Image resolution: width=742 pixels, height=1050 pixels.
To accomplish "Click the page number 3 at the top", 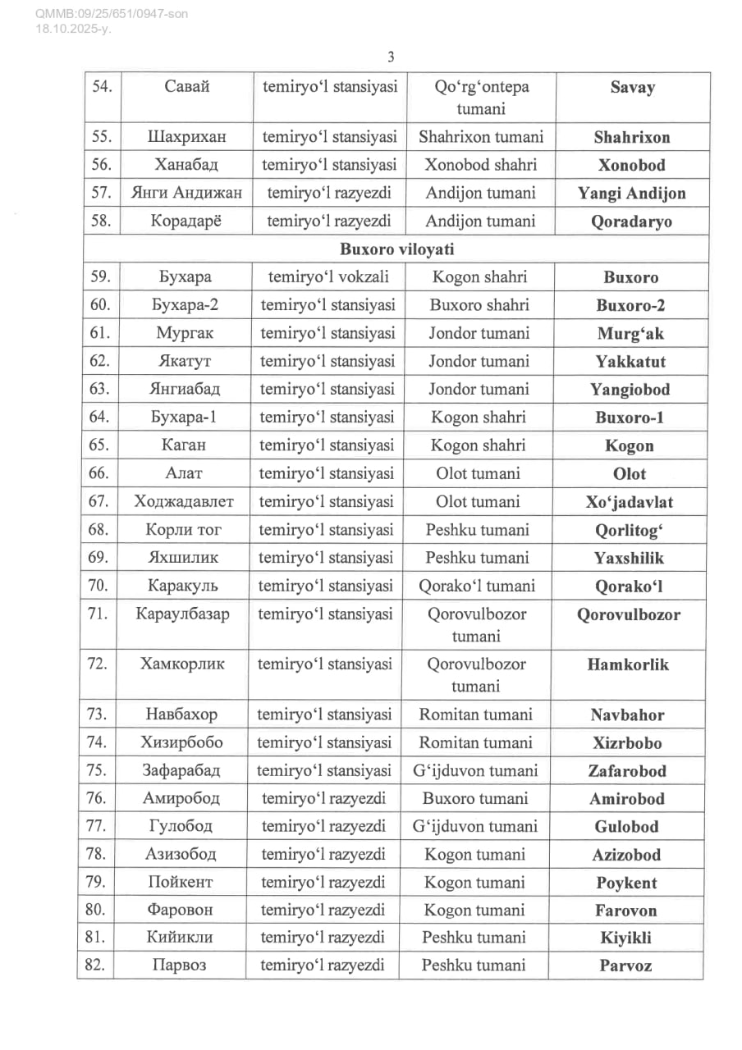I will click(391, 57).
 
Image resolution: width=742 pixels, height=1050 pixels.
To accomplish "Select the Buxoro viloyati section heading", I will click(397, 249).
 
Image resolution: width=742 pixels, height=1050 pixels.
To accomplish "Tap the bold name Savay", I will click(632, 88).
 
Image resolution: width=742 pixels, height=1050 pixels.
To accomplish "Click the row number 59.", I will click(99, 277).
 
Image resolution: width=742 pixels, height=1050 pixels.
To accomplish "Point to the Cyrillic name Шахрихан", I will click(186, 137).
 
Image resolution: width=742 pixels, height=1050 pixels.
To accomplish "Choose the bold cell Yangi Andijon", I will click(631, 194).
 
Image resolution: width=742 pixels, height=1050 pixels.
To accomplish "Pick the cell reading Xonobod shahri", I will click(480, 165).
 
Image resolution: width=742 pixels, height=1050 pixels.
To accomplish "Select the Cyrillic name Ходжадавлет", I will click(185, 501).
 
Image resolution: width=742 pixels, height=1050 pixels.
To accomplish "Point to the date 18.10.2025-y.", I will click(73, 29).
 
